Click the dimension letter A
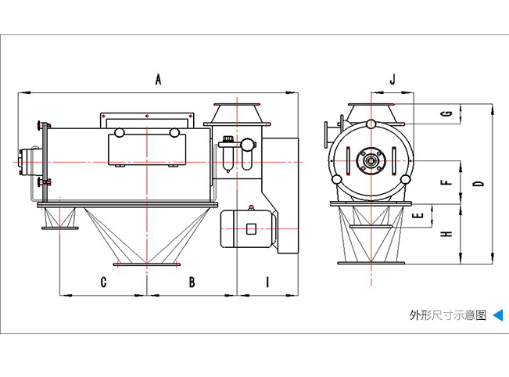click(x=158, y=79)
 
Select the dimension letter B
click(x=192, y=282)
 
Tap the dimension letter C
click(x=103, y=282)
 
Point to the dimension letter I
click(x=267, y=282)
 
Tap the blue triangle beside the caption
click(x=497, y=316)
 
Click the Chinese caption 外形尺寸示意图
click(x=447, y=316)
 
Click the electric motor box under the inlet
click(x=249, y=228)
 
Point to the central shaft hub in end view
click(x=369, y=161)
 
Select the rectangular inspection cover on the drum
click(x=145, y=146)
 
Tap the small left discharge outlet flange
click(x=59, y=228)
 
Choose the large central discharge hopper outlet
click(x=146, y=264)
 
